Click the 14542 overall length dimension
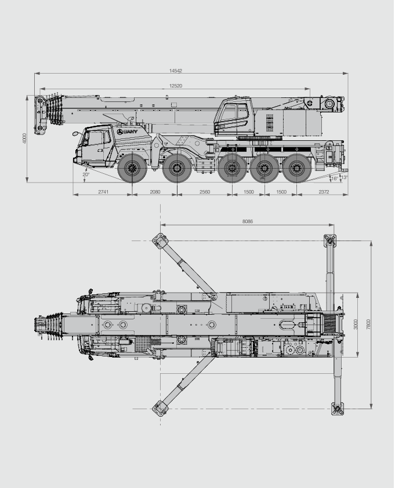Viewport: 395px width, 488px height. coord(176,71)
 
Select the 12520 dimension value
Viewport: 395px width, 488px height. coord(176,86)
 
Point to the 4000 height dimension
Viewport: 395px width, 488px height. coord(24,139)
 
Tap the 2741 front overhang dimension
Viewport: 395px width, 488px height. coord(103,192)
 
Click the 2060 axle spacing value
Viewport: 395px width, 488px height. coord(155,192)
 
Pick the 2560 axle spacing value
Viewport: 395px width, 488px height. coord(205,192)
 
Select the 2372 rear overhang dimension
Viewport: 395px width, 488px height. coord(324,192)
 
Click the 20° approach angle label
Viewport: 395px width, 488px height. coord(86,174)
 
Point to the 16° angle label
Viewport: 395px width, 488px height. coord(335,179)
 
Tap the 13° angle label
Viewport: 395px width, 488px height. coord(344,178)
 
